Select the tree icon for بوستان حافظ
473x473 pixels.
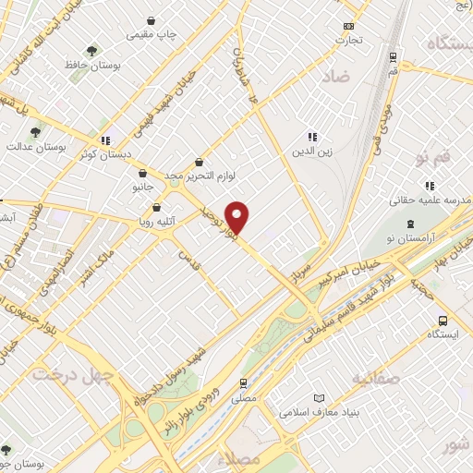(x=91, y=52)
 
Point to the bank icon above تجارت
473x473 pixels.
(x=348, y=27)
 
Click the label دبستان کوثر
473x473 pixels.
(x=105, y=154)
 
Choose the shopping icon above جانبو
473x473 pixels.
(x=141, y=173)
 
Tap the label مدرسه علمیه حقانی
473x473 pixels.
(x=428, y=199)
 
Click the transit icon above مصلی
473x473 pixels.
(x=243, y=382)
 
